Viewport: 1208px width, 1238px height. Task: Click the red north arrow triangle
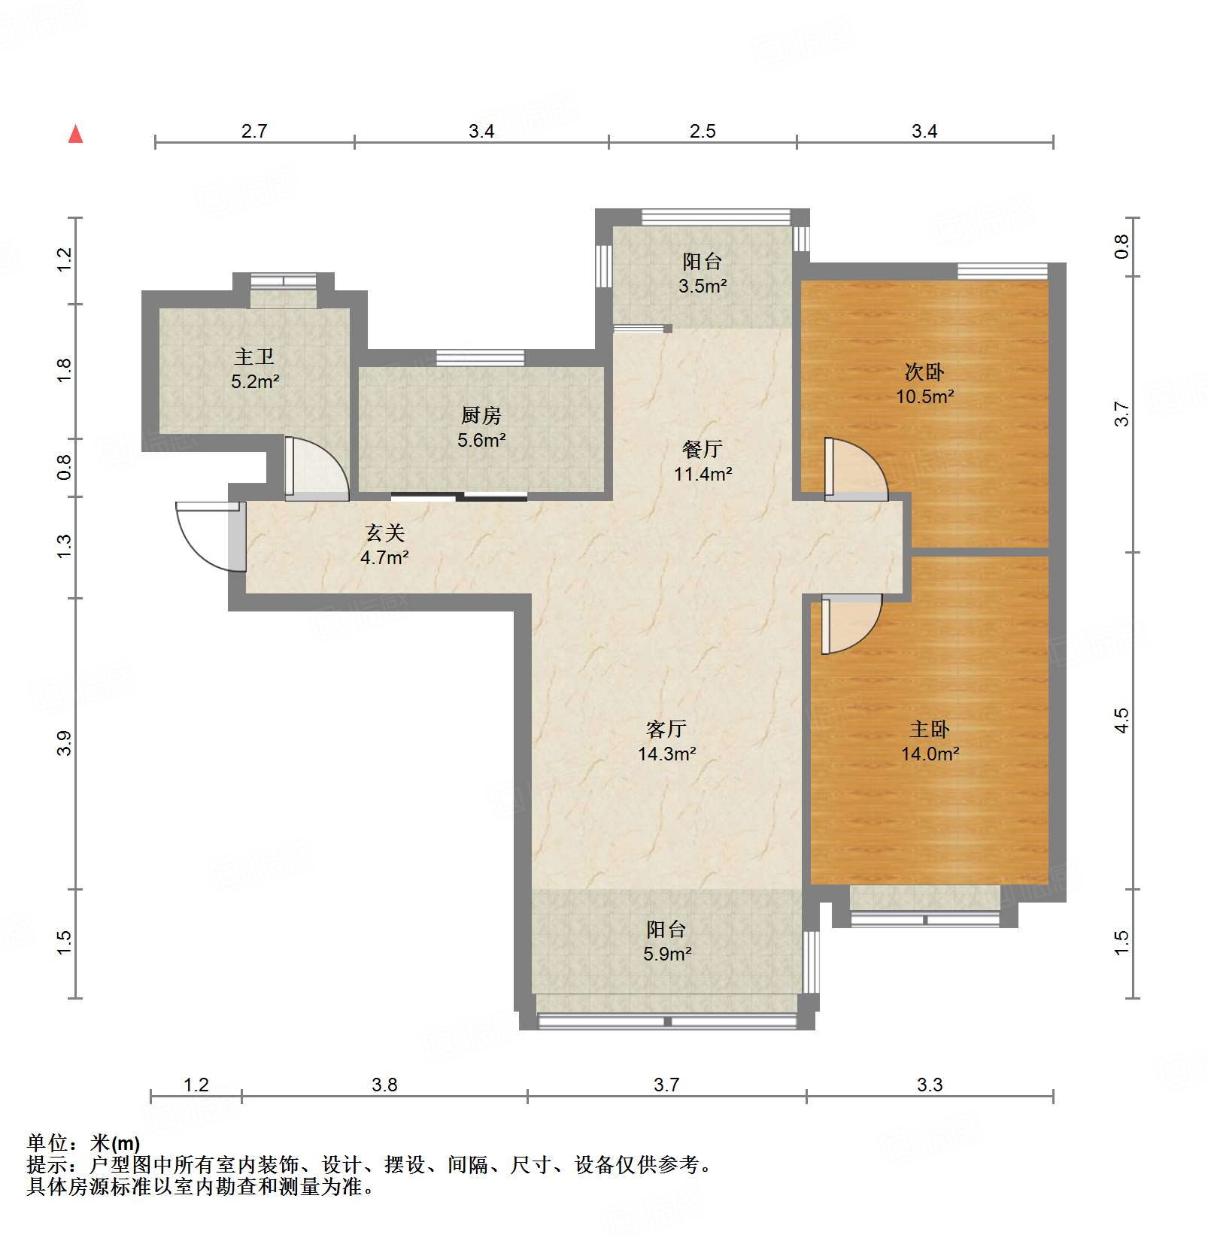(x=75, y=135)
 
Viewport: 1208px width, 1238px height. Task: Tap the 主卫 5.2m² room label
(x=255, y=369)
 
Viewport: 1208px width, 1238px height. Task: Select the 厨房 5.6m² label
(x=481, y=427)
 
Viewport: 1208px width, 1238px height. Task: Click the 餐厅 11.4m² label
(x=703, y=461)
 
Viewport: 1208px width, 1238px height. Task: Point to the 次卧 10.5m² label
(x=924, y=384)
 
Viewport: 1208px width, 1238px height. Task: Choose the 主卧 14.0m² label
(x=930, y=741)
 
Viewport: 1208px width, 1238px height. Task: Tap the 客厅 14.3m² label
(x=666, y=741)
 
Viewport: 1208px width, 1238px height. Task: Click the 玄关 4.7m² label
(x=384, y=545)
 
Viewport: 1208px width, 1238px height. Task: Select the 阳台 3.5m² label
(x=702, y=273)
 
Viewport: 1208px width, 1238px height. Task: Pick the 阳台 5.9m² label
(x=666, y=941)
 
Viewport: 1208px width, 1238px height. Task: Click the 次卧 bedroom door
(x=856, y=468)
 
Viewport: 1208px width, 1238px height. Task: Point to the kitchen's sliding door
(x=459, y=496)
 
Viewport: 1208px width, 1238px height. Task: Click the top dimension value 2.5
(x=703, y=131)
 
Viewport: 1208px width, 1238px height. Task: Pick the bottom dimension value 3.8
(x=384, y=1085)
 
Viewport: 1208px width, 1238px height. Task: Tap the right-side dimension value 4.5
(x=1121, y=721)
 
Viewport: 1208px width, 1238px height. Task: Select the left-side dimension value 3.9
(x=64, y=743)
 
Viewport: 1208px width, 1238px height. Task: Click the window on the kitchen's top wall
(x=480, y=357)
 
